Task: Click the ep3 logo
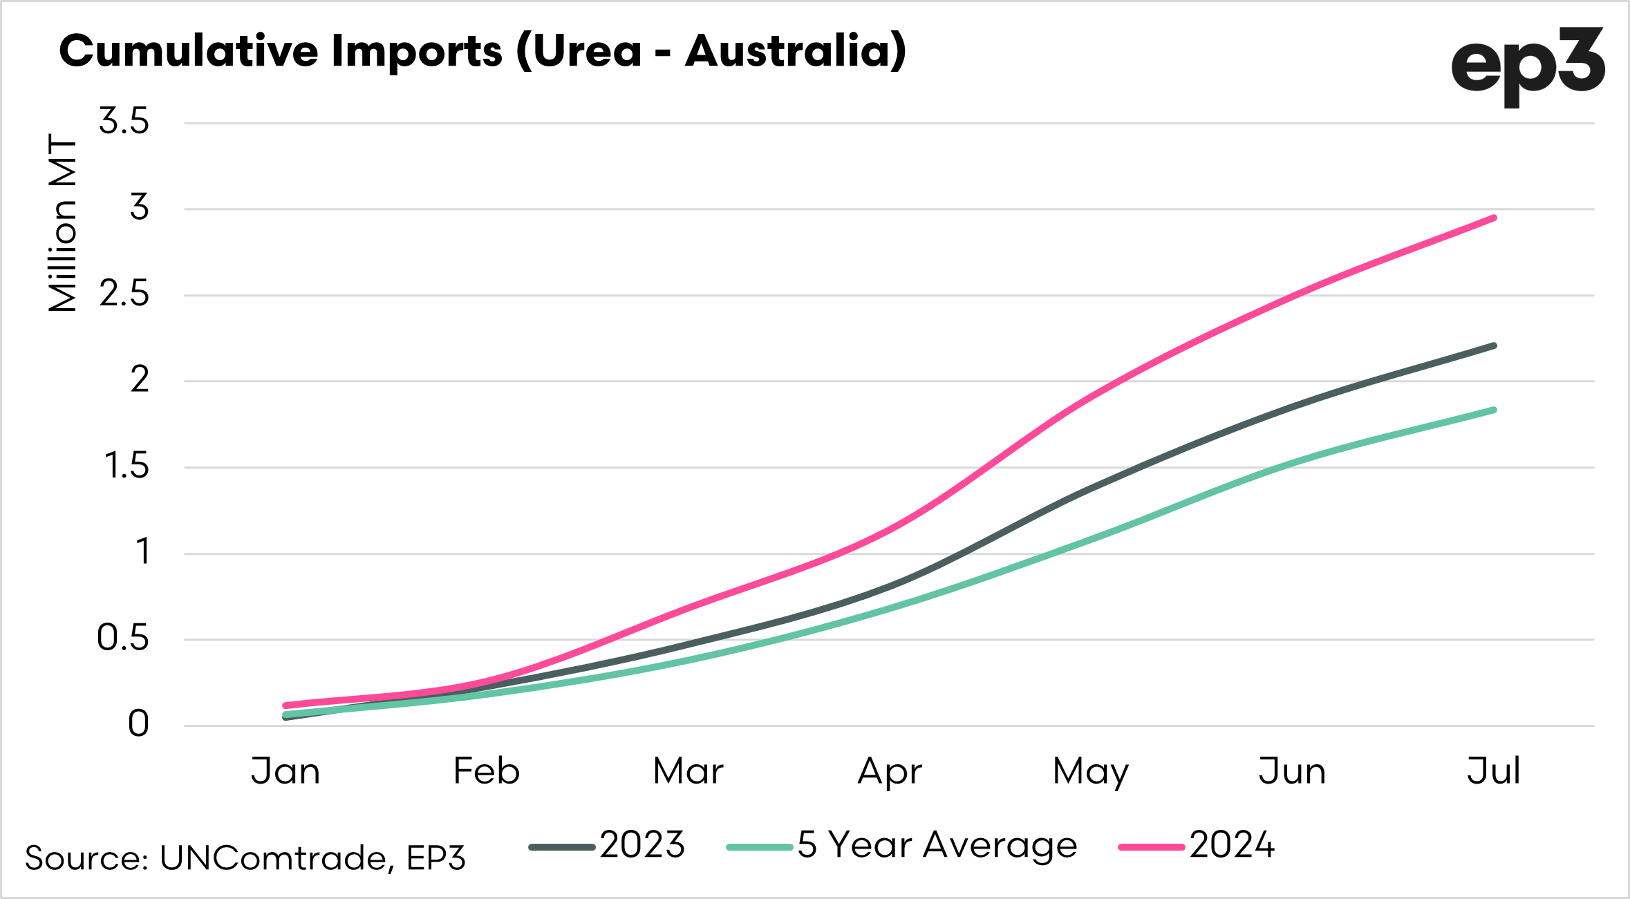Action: (x=1527, y=66)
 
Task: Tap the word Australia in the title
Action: (x=795, y=51)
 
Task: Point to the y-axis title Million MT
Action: (x=62, y=223)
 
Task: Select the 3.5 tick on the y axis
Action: (x=124, y=122)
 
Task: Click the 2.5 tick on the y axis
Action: (x=124, y=294)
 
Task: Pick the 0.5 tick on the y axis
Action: (x=123, y=638)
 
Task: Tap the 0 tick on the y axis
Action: (x=138, y=724)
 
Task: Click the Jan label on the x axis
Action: (x=285, y=771)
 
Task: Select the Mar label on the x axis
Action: (x=688, y=771)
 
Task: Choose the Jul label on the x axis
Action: (x=1494, y=771)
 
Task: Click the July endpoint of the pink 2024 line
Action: (x=1494, y=218)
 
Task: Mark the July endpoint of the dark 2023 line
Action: (x=1494, y=346)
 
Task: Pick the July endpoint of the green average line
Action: (x=1494, y=410)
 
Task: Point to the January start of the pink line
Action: (x=285, y=706)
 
